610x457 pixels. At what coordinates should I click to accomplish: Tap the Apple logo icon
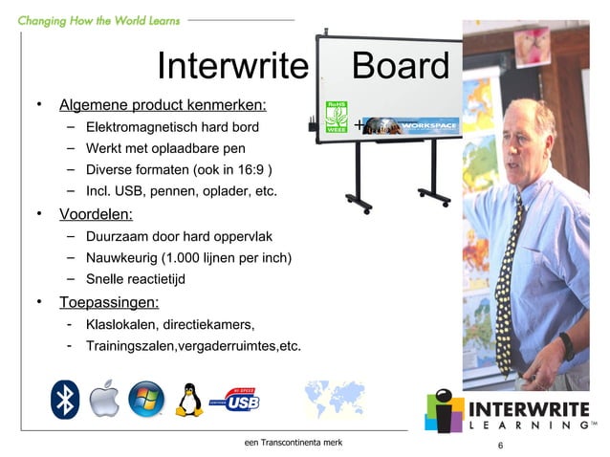pyautogui.click(x=105, y=400)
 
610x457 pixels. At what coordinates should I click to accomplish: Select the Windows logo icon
pyautogui.click(x=146, y=400)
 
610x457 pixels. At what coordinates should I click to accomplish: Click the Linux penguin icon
pyautogui.click(x=190, y=400)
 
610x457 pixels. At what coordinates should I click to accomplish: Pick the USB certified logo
pyautogui.click(x=239, y=400)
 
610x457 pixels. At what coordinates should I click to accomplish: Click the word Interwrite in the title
pyautogui.click(x=232, y=66)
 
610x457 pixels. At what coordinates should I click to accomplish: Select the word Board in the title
pyautogui.click(x=400, y=66)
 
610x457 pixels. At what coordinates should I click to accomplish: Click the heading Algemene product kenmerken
pyautogui.click(x=163, y=104)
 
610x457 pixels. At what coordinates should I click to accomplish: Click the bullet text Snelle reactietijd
pyautogui.click(x=135, y=279)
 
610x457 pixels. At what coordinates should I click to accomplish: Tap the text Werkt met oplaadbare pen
pyautogui.click(x=165, y=148)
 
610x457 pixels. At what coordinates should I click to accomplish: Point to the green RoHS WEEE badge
pyautogui.click(x=337, y=120)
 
